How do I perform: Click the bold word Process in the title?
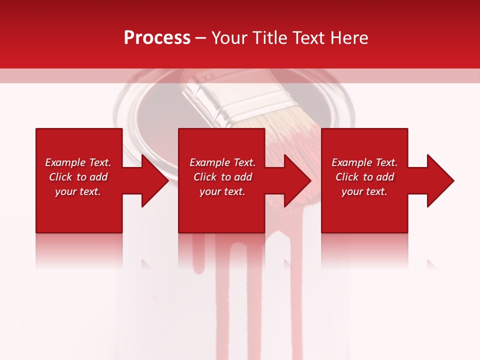coord(157,38)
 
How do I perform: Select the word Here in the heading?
coord(348,38)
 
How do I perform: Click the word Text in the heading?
coord(309,38)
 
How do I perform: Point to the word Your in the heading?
coord(229,38)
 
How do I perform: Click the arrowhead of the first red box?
coord(155,180)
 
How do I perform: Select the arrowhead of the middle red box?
coord(298,180)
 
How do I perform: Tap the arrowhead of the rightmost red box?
coord(440,180)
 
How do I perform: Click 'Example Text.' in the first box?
coord(78,162)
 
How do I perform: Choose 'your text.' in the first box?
coord(78,191)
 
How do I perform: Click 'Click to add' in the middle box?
coord(222,177)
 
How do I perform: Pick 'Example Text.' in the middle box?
coord(222,162)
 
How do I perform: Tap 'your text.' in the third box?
coord(364,191)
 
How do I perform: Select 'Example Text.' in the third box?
coord(364,162)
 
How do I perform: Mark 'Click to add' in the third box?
coord(364,177)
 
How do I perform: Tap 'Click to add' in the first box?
coord(78,177)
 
